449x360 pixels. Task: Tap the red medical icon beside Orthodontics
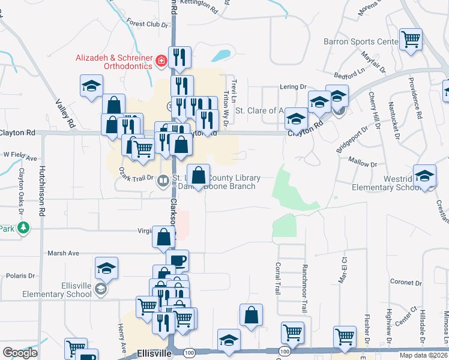coord(161,61)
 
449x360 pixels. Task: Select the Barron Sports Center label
coord(360,41)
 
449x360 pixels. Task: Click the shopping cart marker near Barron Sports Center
coord(411,40)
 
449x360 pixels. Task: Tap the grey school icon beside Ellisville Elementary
coord(101,290)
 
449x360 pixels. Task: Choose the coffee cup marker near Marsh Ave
coord(177,260)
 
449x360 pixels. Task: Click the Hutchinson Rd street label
coord(43,191)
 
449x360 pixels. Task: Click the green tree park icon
coord(23,228)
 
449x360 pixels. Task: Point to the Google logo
coord(20,353)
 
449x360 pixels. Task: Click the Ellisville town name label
coord(155,353)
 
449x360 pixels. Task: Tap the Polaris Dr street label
coord(21,275)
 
